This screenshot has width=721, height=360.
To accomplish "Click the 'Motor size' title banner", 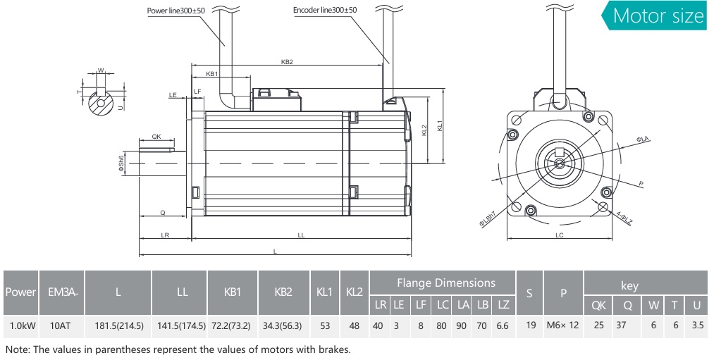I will pyautogui.click(x=658, y=16).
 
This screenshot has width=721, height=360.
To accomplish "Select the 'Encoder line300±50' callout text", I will pyautogui.click(x=325, y=11).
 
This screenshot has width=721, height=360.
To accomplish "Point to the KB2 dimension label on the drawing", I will pyautogui.click(x=287, y=62).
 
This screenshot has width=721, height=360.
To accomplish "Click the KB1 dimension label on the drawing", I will pyautogui.click(x=211, y=73).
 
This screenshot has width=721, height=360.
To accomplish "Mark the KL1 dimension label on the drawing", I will pyautogui.click(x=440, y=126).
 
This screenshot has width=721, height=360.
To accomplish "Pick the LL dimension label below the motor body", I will pyautogui.click(x=301, y=235).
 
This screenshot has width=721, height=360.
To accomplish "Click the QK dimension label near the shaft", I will pyautogui.click(x=156, y=137).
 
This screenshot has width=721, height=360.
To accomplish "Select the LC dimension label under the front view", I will pyautogui.click(x=559, y=235).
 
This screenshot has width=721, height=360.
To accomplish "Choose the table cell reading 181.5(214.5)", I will pyautogui.click(x=118, y=326).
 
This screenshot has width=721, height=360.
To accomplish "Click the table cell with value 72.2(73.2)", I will pyautogui.click(x=233, y=326).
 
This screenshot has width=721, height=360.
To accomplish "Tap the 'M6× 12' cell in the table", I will pyautogui.click(x=562, y=326).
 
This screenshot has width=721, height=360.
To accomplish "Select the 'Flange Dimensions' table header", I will pyautogui.click(x=445, y=283).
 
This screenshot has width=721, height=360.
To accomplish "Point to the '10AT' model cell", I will pyautogui.click(x=61, y=326).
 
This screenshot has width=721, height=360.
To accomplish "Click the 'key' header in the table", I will pyautogui.click(x=629, y=285).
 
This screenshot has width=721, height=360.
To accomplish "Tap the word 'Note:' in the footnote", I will pyautogui.click(x=18, y=349).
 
